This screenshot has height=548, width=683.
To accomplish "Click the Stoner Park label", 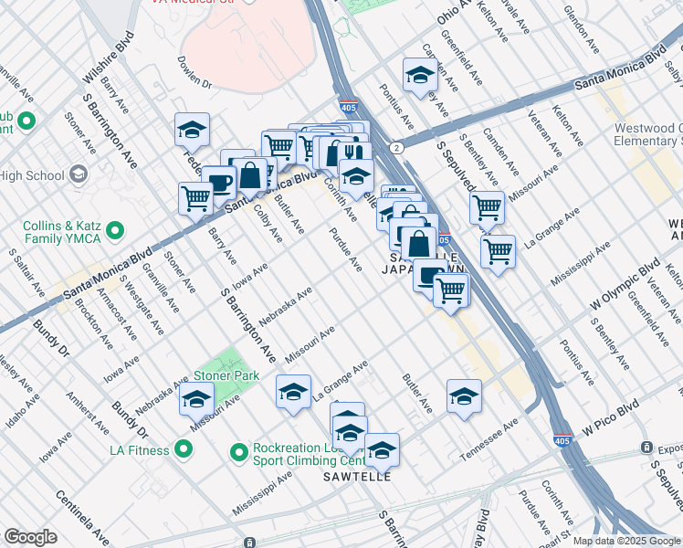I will coord(226,375).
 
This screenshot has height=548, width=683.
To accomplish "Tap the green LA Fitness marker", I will coord(183,449).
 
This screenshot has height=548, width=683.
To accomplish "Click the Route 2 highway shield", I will coord(395,147).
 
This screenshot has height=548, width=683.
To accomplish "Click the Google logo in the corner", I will coord(30,537).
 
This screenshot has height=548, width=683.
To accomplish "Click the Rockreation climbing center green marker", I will coord(239,452).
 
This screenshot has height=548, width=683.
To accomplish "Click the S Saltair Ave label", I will coord(26,272).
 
